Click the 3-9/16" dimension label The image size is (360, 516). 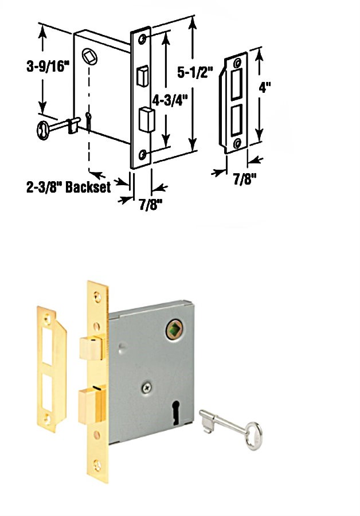[x=48, y=67]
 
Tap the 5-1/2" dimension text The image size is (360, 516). [x=195, y=72]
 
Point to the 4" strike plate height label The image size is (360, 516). [x=265, y=87]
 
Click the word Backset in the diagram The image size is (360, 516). [x=88, y=187]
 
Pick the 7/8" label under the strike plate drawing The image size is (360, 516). [x=245, y=179]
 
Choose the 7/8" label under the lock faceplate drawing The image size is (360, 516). [x=151, y=205]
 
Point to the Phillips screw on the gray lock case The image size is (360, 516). [x=147, y=388]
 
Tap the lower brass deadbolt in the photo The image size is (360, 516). [x=92, y=405]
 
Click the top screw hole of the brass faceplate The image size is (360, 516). [x=97, y=297]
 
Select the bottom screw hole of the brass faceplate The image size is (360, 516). [x=97, y=464]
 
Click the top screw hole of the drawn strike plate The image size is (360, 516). [x=237, y=63]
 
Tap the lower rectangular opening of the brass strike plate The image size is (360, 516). [x=47, y=392]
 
